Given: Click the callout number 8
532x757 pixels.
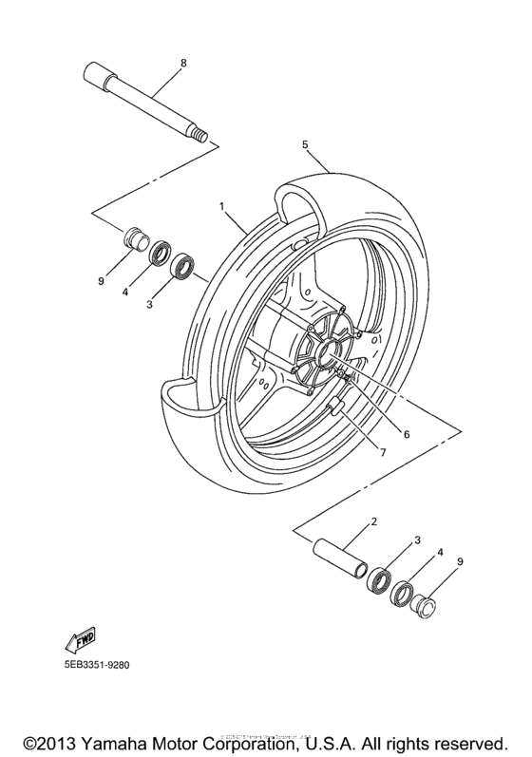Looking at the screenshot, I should pyautogui.click(x=184, y=63).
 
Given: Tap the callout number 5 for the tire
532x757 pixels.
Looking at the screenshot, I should pyautogui.click(x=305, y=145).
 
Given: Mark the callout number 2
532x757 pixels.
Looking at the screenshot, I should pyautogui.click(x=373, y=521).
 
